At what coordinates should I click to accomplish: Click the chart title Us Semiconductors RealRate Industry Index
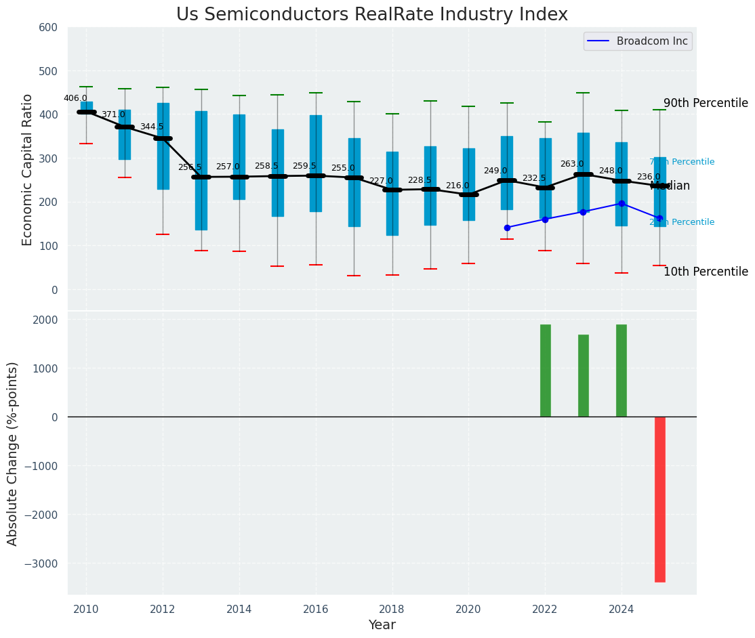pyautogui.click(x=371, y=15)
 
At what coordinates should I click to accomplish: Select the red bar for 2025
pyautogui.click(x=660, y=499)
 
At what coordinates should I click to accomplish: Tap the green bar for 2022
pyautogui.click(x=545, y=370)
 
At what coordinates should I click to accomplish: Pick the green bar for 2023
pyautogui.click(x=584, y=376)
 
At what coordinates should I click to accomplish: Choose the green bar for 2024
pyautogui.click(x=621, y=370)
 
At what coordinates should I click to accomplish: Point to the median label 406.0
pyautogui.click(x=75, y=98)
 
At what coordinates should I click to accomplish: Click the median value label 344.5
pyautogui.click(x=152, y=127)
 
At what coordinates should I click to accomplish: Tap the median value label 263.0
pyautogui.click(x=572, y=164)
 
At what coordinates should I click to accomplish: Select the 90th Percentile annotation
pyautogui.click(x=706, y=104)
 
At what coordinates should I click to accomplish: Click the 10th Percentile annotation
pyautogui.click(x=706, y=272)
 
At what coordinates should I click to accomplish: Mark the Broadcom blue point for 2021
pyautogui.click(x=507, y=228)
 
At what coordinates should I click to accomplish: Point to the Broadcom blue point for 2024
pyautogui.click(x=621, y=203)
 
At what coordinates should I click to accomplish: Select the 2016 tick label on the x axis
pyautogui.click(x=316, y=610)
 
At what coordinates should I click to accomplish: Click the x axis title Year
pyautogui.click(x=382, y=625)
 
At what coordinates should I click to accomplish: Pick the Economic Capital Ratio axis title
pyautogui.click(x=28, y=169)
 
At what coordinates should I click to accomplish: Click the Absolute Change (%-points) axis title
pyautogui.click(x=13, y=453)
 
